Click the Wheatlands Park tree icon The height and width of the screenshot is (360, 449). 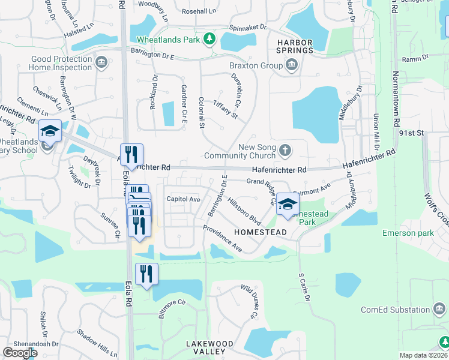(209, 40)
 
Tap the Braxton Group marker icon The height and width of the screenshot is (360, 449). (292, 66)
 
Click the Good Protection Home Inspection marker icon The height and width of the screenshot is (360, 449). (101, 62)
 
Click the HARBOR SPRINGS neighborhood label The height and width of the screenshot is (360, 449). (295, 46)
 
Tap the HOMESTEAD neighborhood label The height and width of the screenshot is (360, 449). (261, 232)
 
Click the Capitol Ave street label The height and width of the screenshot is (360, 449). (183, 199)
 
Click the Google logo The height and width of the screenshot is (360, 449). (20, 352)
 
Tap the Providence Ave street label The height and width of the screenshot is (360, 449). (222, 238)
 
